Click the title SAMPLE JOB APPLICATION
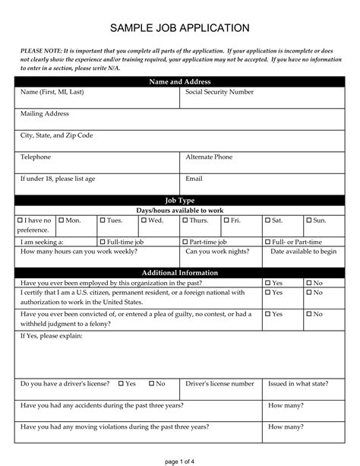[x=180, y=28]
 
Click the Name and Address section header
[x=180, y=81]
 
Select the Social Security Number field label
[x=219, y=92]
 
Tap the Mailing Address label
[x=45, y=113]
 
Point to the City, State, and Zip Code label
[x=57, y=135]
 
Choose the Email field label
[x=194, y=179]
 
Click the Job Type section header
[x=180, y=201]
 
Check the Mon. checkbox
[x=62, y=220]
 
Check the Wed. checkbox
[x=144, y=220]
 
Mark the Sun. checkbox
[x=310, y=220]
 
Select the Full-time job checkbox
[x=103, y=241]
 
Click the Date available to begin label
[x=304, y=251]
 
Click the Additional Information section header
[x=180, y=273]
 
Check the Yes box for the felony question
[x=269, y=314]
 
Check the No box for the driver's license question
[x=152, y=384]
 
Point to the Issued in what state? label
[x=302, y=384]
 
